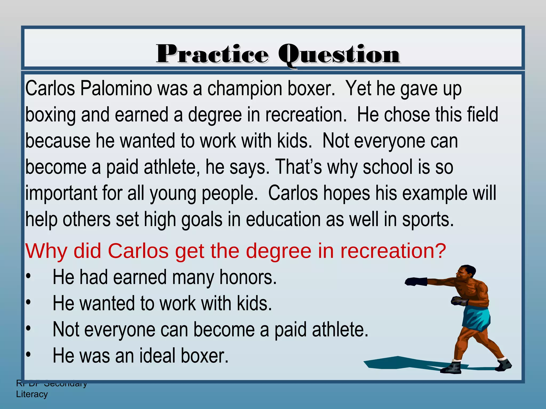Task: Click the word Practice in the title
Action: [212, 54]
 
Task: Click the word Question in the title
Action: [339, 55]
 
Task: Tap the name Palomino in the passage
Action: [116, 89]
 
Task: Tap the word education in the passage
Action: [283, 220]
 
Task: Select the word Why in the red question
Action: [46, 251]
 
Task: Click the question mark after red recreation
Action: [440, 251]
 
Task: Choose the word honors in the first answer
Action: [248, 277]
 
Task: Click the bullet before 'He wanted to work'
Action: [29, 303]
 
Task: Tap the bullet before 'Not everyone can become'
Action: [29, 329]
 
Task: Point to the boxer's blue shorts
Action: [477, 319]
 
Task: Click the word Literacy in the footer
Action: [32, 394]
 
